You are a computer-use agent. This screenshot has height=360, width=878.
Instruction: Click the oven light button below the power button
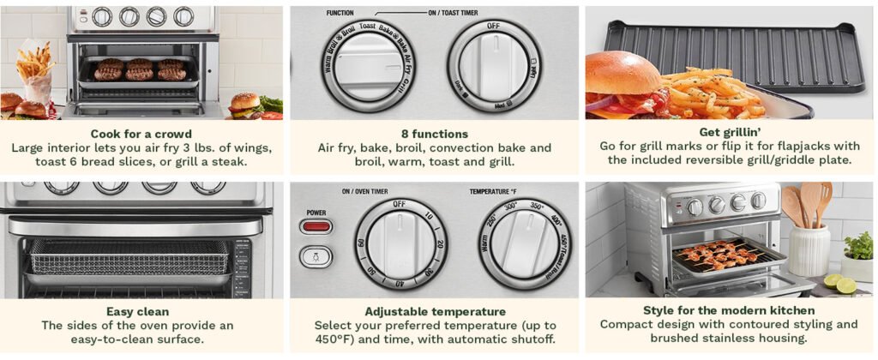tap(315, 255)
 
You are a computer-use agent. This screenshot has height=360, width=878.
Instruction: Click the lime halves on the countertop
tap(836, 283)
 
